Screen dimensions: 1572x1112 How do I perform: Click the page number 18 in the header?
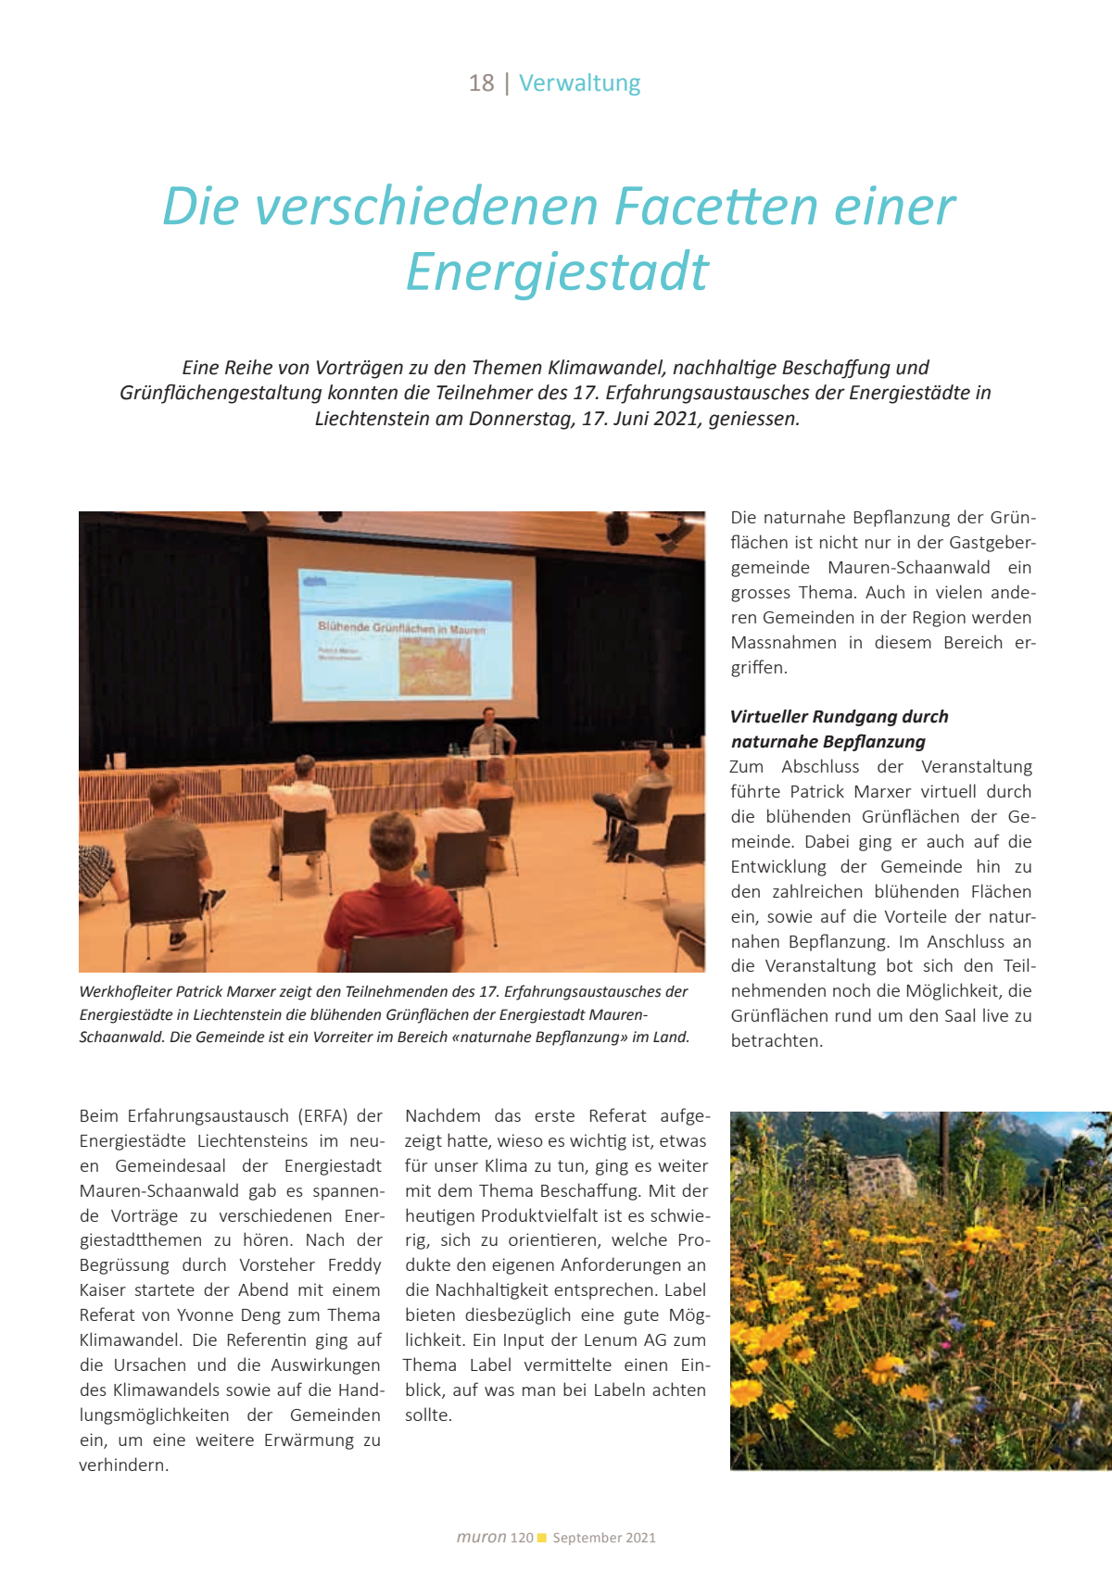coord(481,83)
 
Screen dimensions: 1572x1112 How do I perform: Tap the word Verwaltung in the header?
coord(579,83)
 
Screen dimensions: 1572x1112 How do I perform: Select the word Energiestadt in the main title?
coord(557,272)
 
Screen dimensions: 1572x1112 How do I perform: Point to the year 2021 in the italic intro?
coord(676,419)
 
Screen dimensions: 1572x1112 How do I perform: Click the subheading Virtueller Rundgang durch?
coord(839,717)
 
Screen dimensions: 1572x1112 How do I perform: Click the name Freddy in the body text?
coord(354,1265)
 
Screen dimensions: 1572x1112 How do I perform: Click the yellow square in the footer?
coord(542,1538)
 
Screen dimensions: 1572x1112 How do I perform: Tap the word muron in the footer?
coord(481,1538)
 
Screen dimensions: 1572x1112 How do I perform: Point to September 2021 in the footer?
coord(604,1538)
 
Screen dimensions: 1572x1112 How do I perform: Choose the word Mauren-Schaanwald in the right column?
coord(908,568)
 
